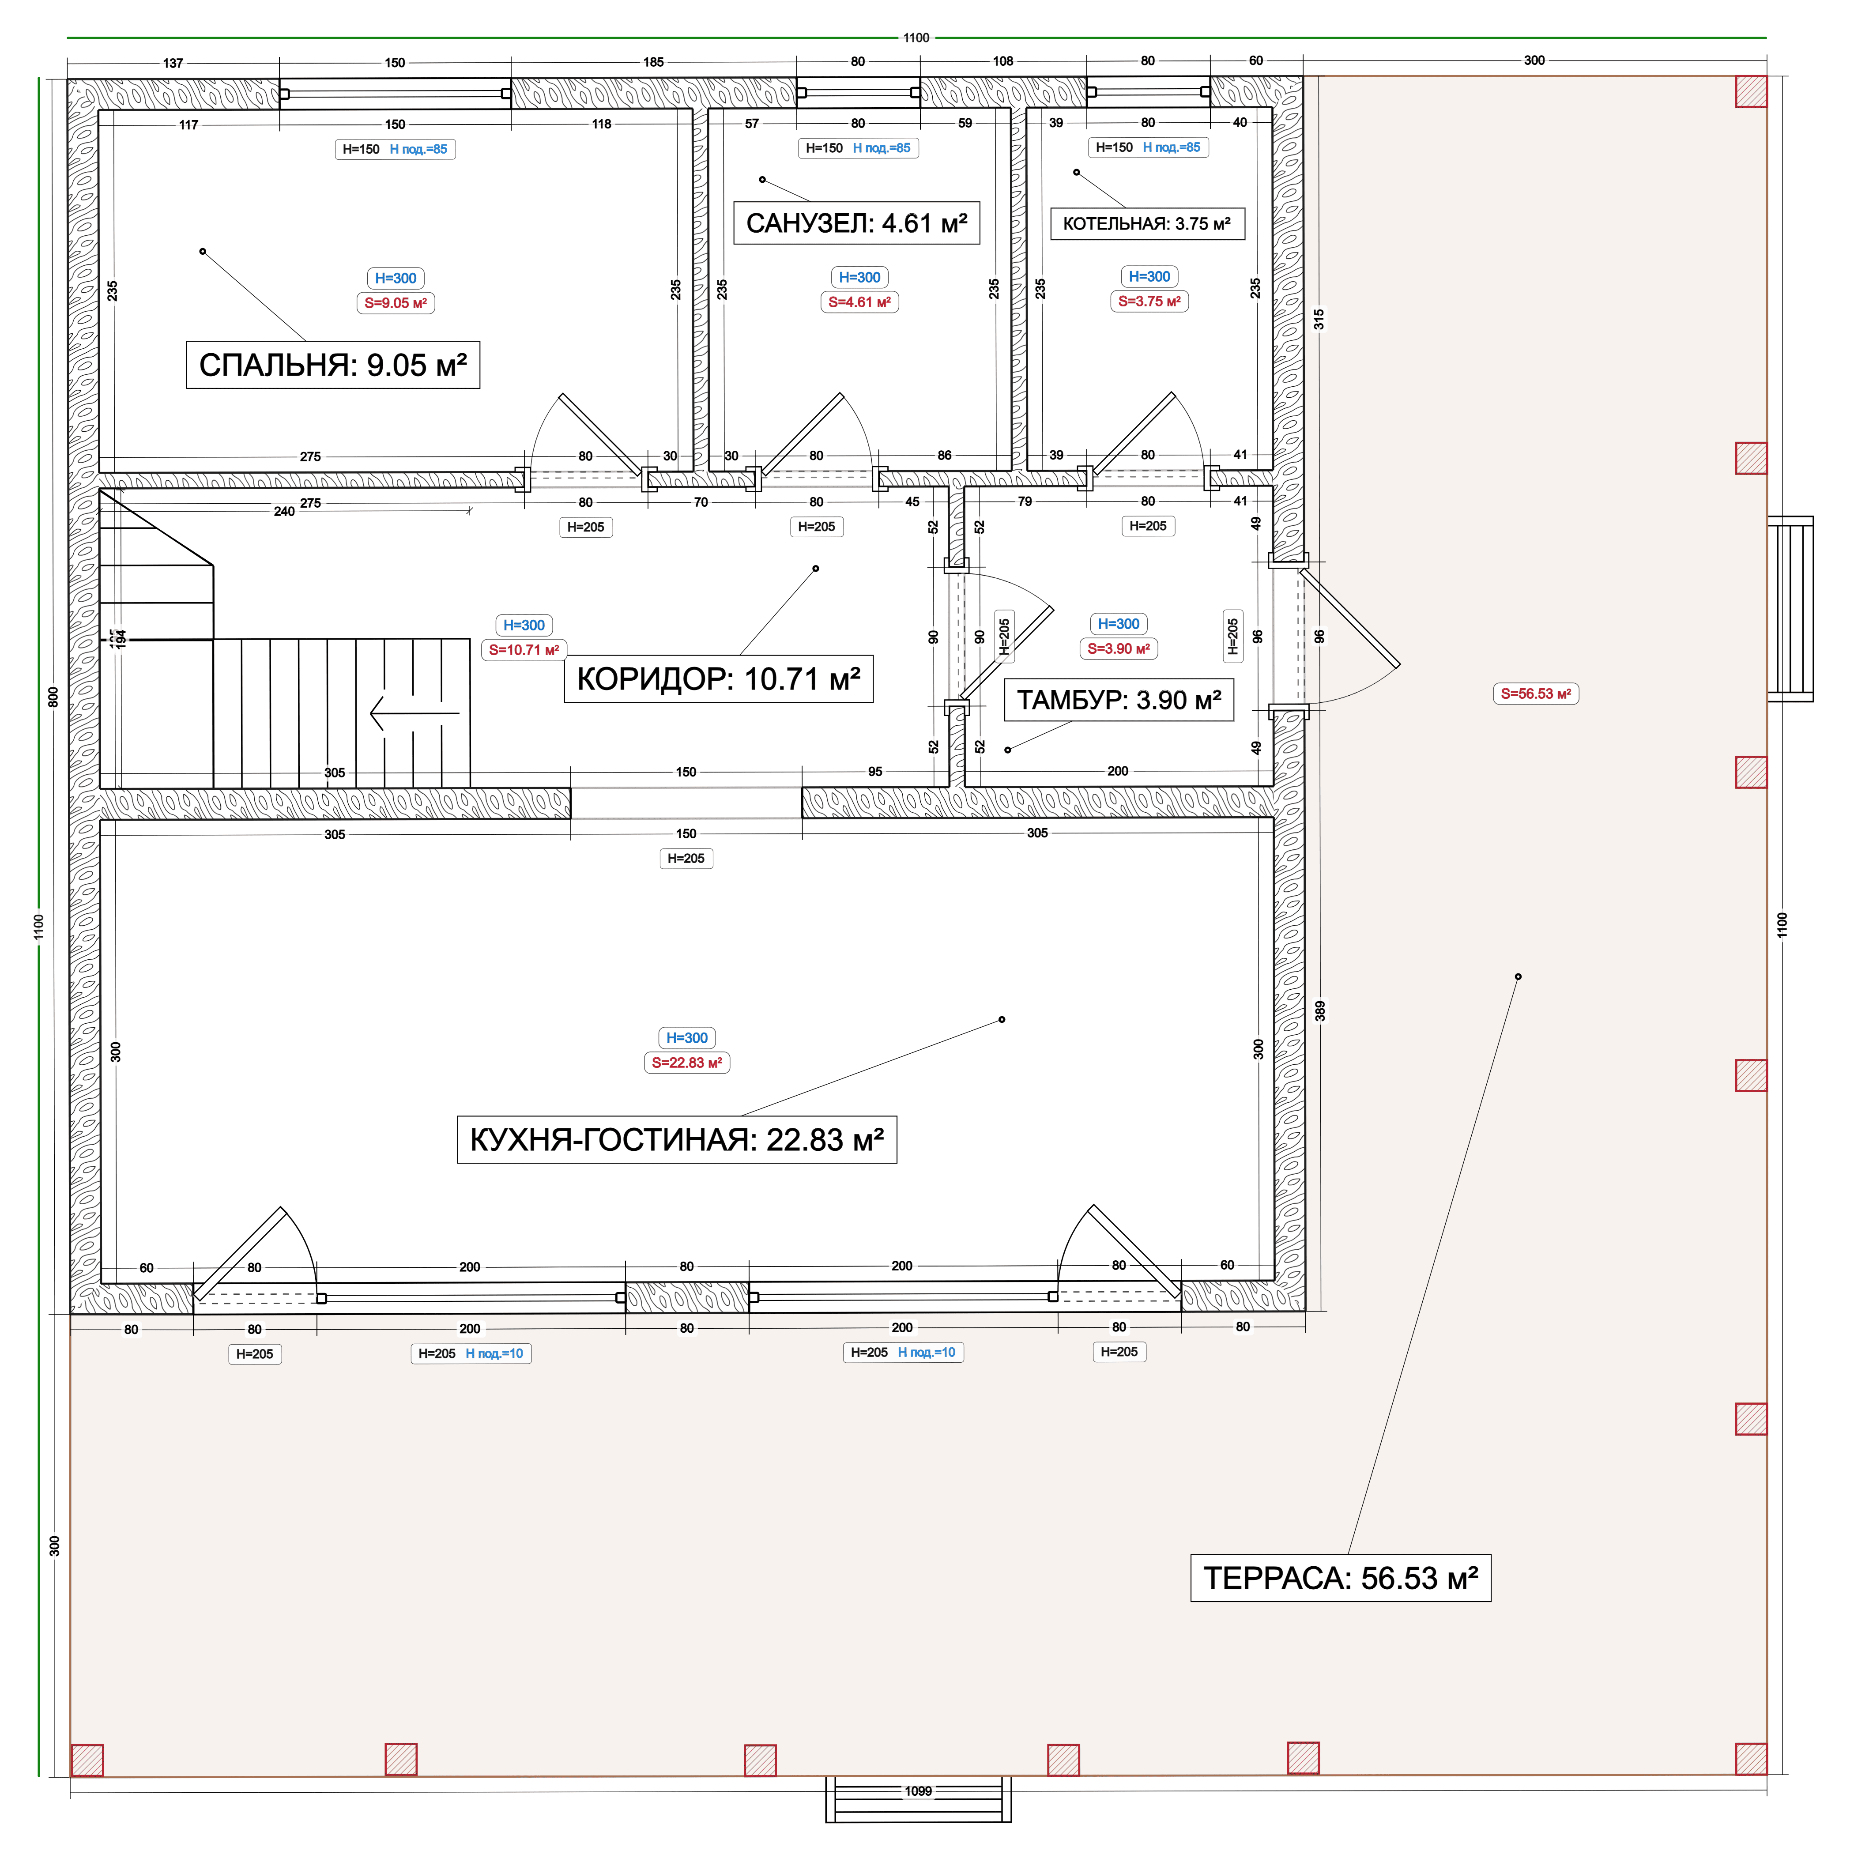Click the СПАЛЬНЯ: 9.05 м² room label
[332, 365]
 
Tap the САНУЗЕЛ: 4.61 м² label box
[857, 224]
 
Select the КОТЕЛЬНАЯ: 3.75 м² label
[1147, 224]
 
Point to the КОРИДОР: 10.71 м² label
[718, 679]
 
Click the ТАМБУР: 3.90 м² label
[1119, 700]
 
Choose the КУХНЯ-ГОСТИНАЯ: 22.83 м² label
[676, 1140]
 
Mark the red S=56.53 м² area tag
[1536, 694]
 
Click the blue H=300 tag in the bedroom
[396, 279]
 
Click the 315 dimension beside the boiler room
[1319, 319]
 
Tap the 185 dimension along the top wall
[653, 63]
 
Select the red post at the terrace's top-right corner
[1751, 91]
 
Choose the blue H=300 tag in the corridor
[524, 626]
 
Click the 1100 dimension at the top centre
[916, 38]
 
